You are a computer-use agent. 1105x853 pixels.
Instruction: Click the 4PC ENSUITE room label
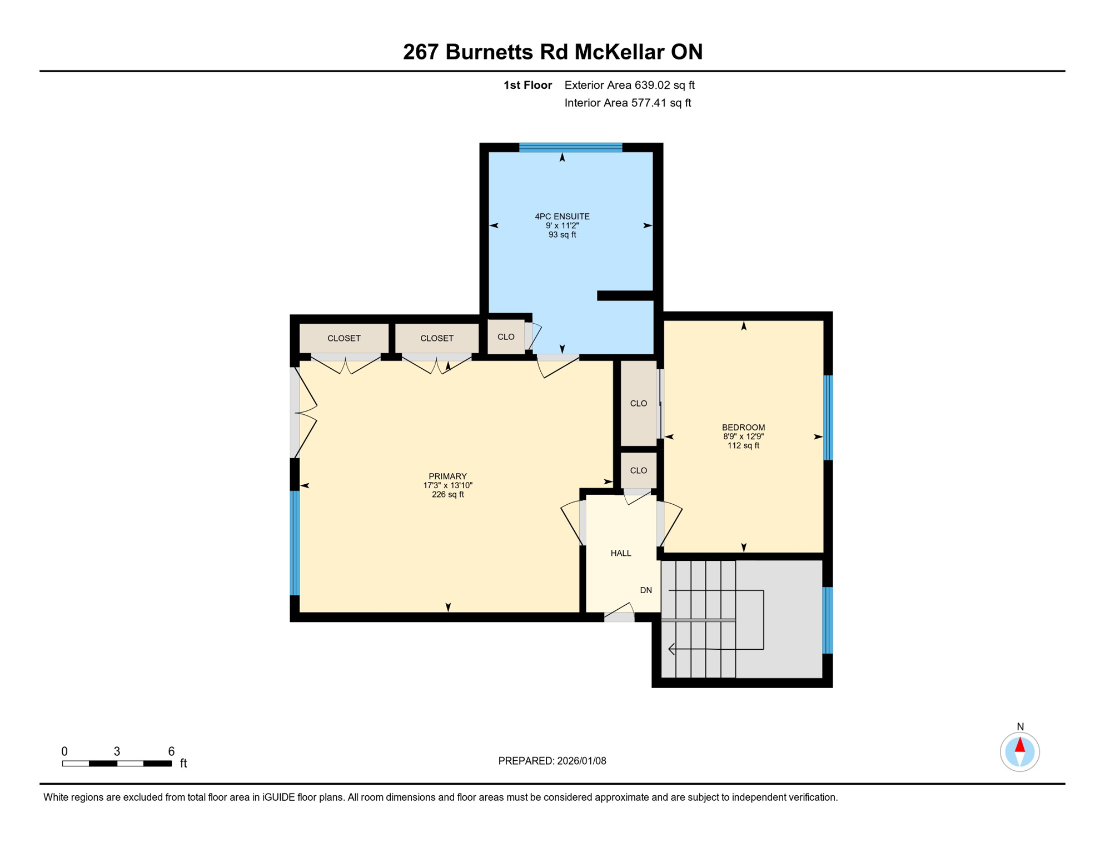pos(562,217)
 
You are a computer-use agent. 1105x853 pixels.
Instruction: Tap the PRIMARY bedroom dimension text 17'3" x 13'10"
pos(447,485)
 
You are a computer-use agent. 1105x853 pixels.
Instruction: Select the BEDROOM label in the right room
pos(743,427)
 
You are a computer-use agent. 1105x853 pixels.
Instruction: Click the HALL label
pos(620,553)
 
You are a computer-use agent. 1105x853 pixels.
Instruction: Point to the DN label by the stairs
pos(645,590)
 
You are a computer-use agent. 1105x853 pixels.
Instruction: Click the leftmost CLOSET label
pos(344,338)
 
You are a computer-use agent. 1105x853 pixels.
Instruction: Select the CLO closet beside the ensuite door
pos(505,337)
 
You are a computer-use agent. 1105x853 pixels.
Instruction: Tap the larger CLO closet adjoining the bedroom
pos(638,403)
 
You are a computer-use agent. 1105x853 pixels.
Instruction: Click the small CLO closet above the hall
pos(638,470)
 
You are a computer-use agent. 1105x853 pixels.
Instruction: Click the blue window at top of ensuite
pos(570,147)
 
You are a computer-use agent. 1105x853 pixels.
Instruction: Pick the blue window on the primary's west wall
pos(295,543)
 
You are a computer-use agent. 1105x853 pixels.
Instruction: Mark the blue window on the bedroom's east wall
pos(828,418)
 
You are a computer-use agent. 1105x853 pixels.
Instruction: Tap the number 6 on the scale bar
pos(171,751)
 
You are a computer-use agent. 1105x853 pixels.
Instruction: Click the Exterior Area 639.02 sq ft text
pos(629,85)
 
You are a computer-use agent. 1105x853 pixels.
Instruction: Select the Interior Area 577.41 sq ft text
pos(628,103)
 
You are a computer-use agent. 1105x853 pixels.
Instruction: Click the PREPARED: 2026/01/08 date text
pos(552,761)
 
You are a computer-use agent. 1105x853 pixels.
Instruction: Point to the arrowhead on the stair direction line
pos(671,649)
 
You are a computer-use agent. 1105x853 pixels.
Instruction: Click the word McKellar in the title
pos(619,52)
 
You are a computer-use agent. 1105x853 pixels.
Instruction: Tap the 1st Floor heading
pos(527,85)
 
